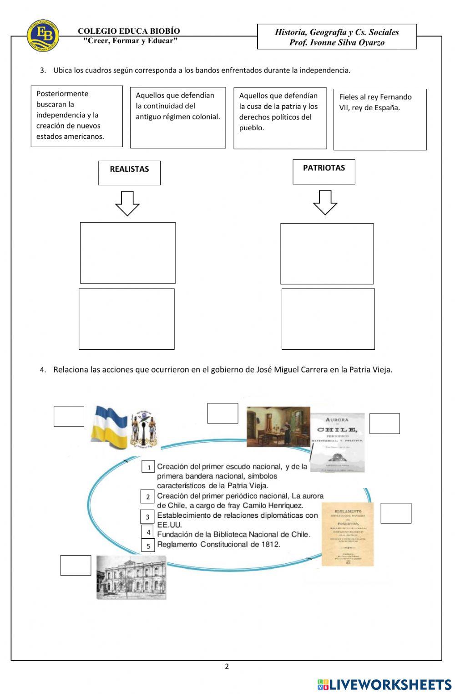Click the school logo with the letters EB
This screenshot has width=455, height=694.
click(43, 35)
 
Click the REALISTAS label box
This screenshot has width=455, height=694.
click(129, 173)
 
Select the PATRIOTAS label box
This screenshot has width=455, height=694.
click(324, 172)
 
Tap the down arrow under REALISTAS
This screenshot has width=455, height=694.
click(127, 203)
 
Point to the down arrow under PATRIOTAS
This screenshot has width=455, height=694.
click(325, 202)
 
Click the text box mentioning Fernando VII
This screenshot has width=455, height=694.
click(380, 119)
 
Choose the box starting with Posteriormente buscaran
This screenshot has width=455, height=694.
click(76, 116)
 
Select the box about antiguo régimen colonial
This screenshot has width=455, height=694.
click(177, 117)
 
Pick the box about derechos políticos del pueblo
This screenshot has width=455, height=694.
click(280, 118)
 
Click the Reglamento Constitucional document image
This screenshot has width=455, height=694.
click(347, 534)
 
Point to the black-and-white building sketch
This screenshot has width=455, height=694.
click(131, 577)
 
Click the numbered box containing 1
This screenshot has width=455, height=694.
click(148, 467)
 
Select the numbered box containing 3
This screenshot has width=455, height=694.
click(147, 517)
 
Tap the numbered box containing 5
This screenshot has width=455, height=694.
click(148, 546)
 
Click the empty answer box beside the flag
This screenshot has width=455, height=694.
click(69, 416)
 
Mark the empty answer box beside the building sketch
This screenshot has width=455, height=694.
click(76, 565)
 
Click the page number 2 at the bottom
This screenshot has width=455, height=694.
click(227, 667)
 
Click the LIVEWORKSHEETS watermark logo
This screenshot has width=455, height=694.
click(384, 684)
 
